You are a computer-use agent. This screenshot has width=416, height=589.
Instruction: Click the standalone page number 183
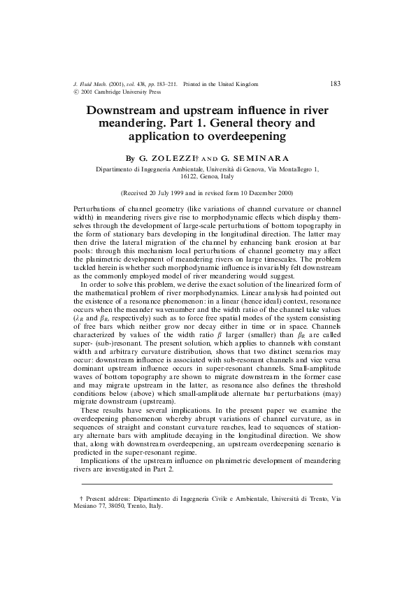(x=334, y=84)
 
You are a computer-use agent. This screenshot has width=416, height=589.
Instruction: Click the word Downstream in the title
(x=124, y=111)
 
